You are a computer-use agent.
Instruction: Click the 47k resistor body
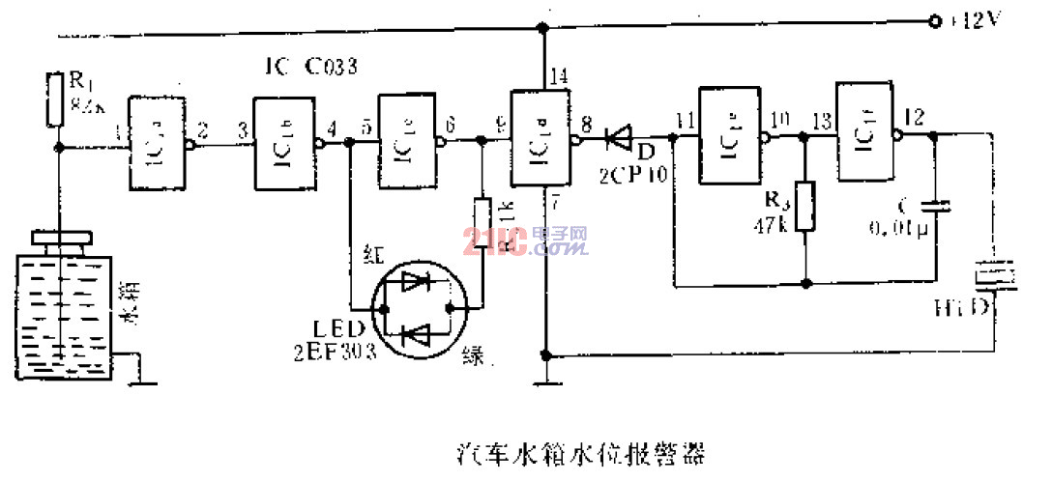[x=804, y=206]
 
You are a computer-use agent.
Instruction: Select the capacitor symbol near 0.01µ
[x=934, y=205]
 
